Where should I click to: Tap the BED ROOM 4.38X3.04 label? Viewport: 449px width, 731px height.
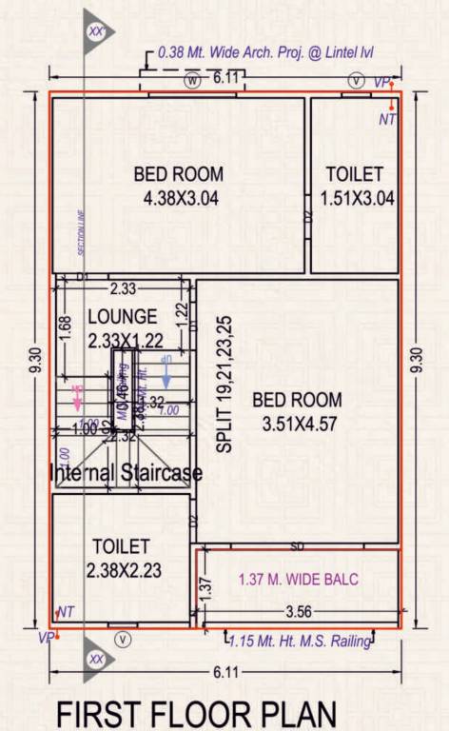[178, 187]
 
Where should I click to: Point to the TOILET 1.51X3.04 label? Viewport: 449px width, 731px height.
[355, 187]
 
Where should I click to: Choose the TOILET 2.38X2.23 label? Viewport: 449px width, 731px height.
[121, 557]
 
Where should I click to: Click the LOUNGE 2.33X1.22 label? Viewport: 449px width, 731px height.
[122, 326]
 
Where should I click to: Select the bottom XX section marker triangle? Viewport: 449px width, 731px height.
[97, 657]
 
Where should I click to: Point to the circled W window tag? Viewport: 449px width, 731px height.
[194, 82]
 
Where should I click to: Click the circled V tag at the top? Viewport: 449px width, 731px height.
[356, 82]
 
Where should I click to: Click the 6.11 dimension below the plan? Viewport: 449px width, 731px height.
[224, 672]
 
